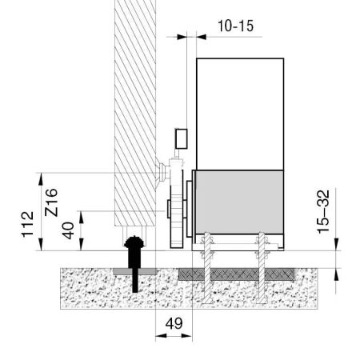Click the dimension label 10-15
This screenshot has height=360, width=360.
pos(236,26)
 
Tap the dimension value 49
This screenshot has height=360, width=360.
pos(174,323)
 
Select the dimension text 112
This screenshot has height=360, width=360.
pos(28,224)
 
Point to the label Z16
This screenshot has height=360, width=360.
pos(51,202)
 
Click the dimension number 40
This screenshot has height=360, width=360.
pos(68,230)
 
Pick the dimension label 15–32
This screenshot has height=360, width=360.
pos(323,212)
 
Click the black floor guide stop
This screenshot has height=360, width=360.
pos(135,264)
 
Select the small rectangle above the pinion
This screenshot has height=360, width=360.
pos(182,138)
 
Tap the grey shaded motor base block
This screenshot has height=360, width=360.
pos(239,202)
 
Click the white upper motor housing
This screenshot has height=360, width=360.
pos(240,114)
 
